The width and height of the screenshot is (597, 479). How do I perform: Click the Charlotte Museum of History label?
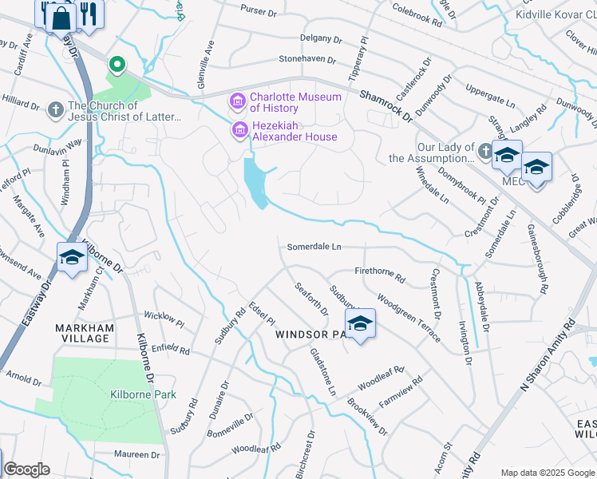pos(295,102)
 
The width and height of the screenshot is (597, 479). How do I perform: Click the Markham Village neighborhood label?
pos(84,333)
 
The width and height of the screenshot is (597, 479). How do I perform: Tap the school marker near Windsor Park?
pos(360,323)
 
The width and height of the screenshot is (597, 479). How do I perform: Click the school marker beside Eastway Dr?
pos(72,257)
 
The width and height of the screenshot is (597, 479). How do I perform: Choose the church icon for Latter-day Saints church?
pos(55,109)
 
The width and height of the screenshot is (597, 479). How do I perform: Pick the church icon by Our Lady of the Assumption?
pos(484,150)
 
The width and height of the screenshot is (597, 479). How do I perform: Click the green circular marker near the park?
pos(117,63)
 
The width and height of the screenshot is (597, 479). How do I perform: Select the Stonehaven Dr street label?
pos(310,59)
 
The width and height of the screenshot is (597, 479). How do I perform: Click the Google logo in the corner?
pos(26,469)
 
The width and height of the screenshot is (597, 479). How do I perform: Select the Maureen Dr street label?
pos(136,454)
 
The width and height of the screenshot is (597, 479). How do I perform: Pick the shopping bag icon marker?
pos(61,15)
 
